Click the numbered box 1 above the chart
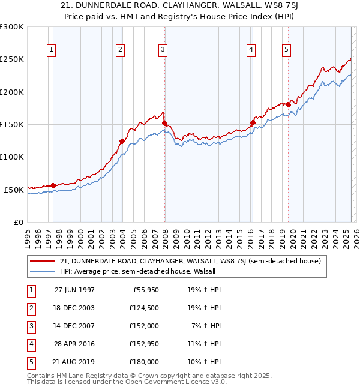pyautogui.click(x=52, y=50)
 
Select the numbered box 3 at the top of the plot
pyautogui.click(x=163, y=50)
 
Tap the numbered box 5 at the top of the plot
pyautogui.click(x=287, y=50)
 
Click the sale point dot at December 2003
pyautogui.click(x=122, y=142)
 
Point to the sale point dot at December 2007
pyautogui.click(x=164, y=124)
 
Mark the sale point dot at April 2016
pyautogui.click(x=253, y=123)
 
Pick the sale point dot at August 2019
pyautogui.click(x=288, y=105)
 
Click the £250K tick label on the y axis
pyautogui.click(x=12, y=59)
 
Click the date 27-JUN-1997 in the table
pyautogui.click(x=74, y=290)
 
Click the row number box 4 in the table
pyautogui.click(x=30, y=344)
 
